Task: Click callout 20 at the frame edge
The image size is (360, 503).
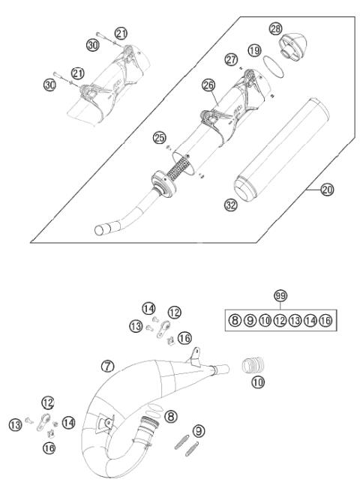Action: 326,190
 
